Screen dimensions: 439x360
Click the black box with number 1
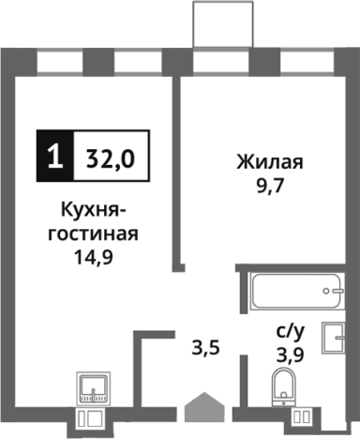tap(54, 156)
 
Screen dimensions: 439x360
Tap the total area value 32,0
tap(110, 156)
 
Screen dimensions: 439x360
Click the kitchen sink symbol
tap(94, 388)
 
